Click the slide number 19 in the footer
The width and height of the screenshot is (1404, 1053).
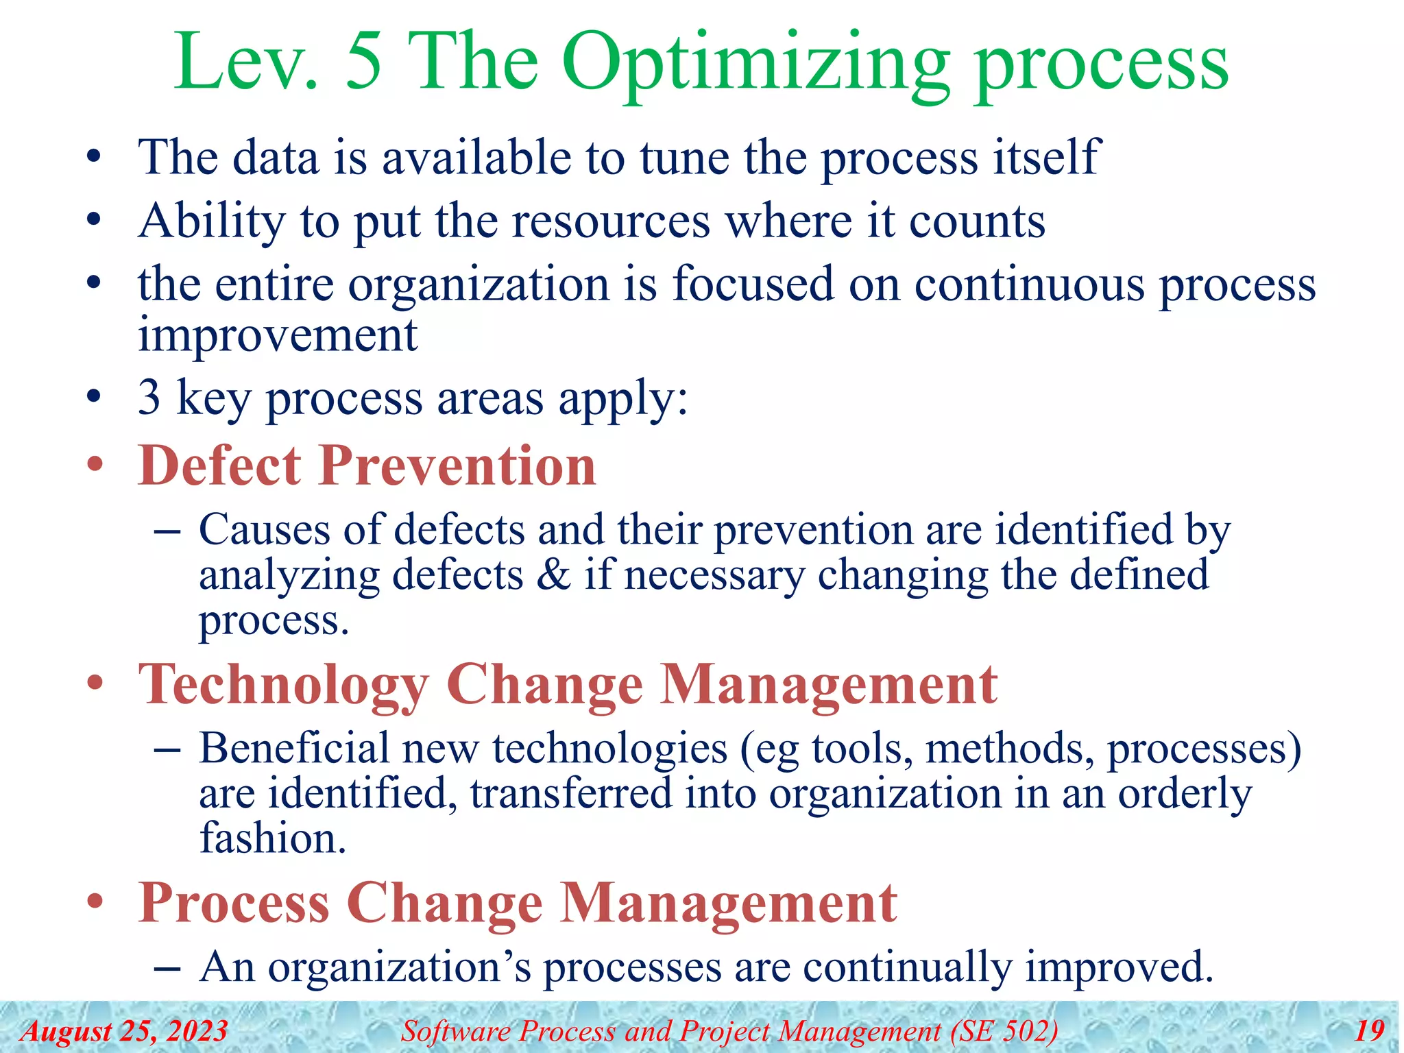tap(1369, 1031)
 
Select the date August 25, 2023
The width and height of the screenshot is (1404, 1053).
tap(124, 1031)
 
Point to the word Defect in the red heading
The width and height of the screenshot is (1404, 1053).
tap(219, 465)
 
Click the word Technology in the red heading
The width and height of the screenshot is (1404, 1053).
tap(283, 685)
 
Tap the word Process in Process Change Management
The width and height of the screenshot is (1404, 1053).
tap(234, 903)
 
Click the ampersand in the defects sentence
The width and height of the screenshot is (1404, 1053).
tap(553, 574)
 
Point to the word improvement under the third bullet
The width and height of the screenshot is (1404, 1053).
tap(278, 335)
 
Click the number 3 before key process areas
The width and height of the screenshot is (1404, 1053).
tap(149, 397)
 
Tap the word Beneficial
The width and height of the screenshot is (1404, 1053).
tap(293, 748)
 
